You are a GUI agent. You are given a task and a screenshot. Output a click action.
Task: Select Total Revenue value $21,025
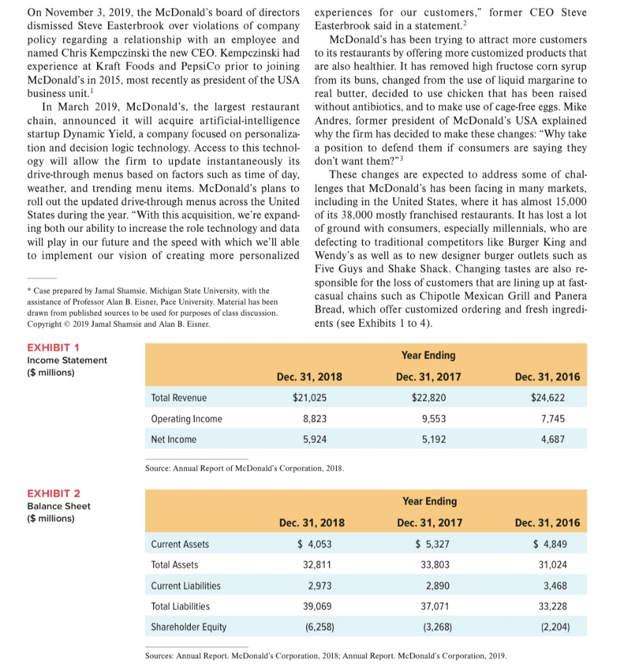coord(309,398)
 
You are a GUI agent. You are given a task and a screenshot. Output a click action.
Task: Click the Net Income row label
coord(173,440)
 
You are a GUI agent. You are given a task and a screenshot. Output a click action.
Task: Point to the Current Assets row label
coord(180,544)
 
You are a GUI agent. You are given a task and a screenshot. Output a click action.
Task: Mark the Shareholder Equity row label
coord(189,627)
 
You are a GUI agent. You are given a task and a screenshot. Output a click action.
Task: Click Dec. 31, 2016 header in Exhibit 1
coord(547,377)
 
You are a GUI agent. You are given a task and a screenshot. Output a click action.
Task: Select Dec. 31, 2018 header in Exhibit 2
coord(312,523)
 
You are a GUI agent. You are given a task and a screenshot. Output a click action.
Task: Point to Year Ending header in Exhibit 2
coord(429,502)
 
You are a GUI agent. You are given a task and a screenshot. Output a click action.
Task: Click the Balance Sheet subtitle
coord(59,506)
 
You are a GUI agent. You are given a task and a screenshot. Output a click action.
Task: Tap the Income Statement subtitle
coord(67,360)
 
